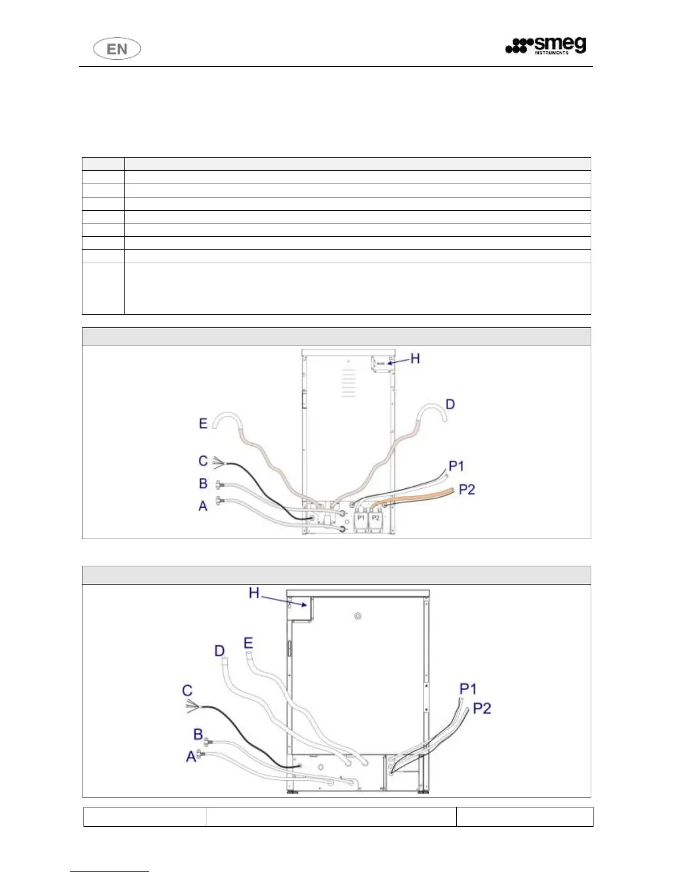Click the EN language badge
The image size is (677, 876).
(117, 49)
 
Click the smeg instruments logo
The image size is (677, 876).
(545, 45)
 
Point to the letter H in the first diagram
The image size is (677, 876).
(415, 358)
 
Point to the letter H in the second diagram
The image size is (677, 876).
(254, 593)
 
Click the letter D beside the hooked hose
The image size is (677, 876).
(450, 404)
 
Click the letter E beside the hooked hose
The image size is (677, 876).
(203, 423)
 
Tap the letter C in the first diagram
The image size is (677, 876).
(203, 461)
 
